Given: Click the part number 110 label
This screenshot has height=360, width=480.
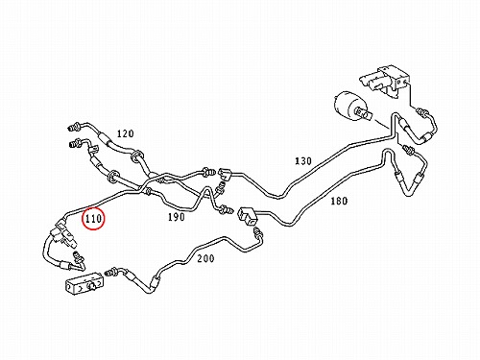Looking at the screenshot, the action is coord(93,219).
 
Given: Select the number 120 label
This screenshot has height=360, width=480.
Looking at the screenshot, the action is coord(125,133).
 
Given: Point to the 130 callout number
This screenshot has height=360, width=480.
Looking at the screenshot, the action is coord(302,160).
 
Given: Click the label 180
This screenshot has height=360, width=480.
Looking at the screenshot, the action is coord(339,201).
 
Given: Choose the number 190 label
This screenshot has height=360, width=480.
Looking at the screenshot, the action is coord(177,217).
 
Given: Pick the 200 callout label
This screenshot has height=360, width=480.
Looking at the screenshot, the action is coord(205,258).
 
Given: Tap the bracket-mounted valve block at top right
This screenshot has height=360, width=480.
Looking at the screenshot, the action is coord(386,80).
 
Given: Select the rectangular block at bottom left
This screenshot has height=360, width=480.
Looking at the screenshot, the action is coord(84,284).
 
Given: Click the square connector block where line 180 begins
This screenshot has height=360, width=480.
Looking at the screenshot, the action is coord(247,215).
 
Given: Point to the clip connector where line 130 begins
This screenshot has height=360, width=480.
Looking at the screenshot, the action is coord(225,174).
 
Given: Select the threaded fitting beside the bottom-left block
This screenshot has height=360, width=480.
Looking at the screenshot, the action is coord(110,272).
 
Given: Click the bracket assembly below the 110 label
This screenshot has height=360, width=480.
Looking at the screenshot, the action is coord(63,234).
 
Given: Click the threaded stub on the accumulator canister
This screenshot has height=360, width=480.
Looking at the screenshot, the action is coord(365,113).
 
